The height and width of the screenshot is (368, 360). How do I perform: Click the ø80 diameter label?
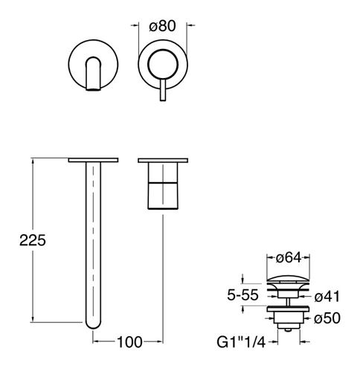click(162, 26)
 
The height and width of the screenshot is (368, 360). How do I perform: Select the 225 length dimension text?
click(33, 240)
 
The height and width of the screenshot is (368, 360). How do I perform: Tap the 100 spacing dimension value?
click(129, 342)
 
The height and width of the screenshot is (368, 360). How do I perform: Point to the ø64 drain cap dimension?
click(289, 257)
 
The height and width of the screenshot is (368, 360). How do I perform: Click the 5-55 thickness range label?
click(242, 295)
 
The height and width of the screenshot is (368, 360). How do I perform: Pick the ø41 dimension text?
click(327, 297)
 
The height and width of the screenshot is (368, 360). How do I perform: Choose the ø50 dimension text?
click(327, 318)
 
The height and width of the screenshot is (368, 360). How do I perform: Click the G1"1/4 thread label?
click(241, 342)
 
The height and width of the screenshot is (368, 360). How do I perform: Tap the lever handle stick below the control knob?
click(163, 90)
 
